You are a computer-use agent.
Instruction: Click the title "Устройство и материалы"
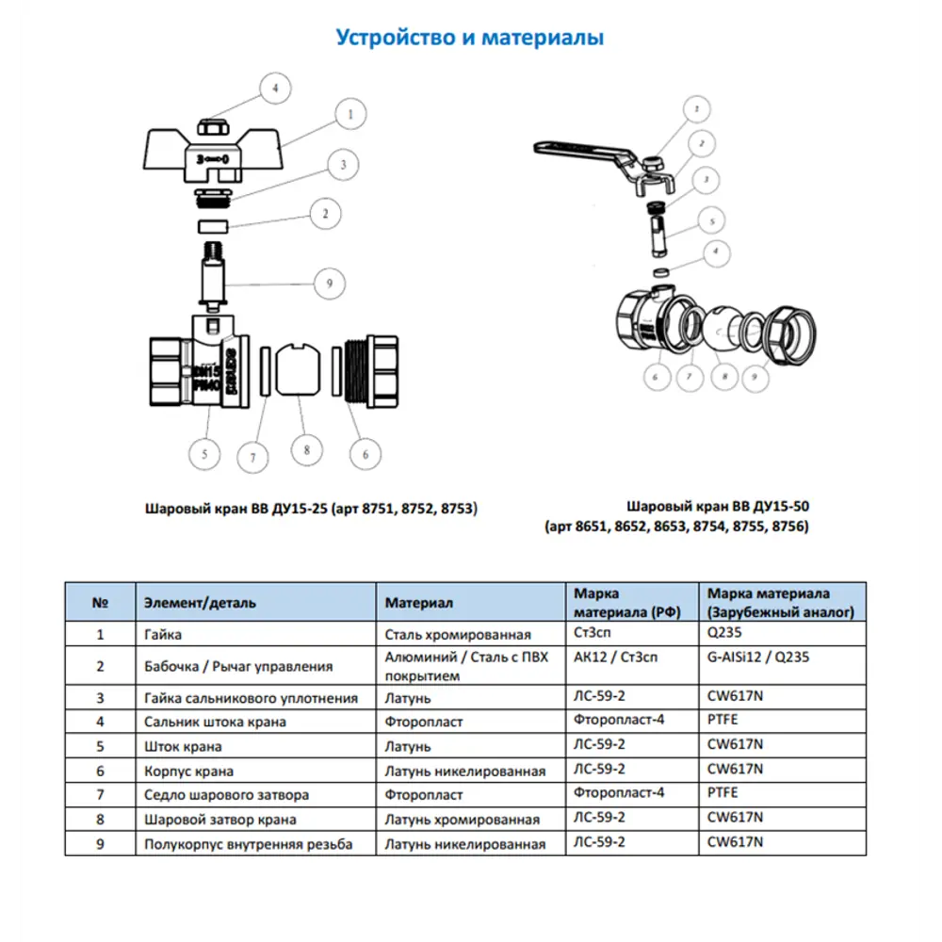[470, 38]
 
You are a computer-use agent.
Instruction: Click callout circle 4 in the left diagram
[275, 89]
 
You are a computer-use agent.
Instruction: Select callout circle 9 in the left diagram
[329, 282]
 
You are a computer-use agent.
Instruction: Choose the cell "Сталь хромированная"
[458, 635]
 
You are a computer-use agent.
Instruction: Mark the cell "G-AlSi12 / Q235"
[758, 658]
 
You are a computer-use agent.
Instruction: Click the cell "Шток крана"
[184, 747]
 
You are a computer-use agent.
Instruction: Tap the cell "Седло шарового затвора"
[227, 795]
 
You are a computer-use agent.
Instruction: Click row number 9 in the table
[100, 844]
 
